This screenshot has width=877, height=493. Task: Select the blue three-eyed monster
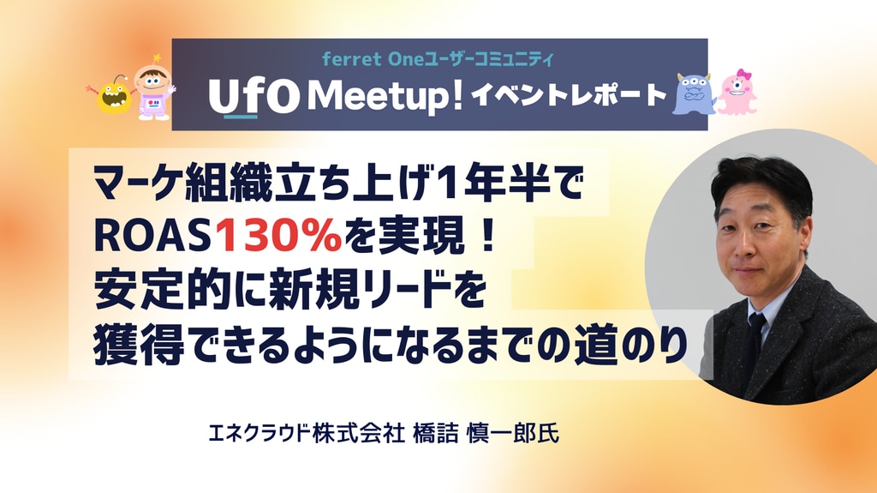(x=694, y=94)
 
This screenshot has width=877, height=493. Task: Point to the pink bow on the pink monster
(x=743, y=75)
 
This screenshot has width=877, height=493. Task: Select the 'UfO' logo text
(x=254, y=96)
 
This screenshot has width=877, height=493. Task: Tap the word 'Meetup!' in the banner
(x=386, y=96)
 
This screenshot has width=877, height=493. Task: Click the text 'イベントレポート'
(x=569, y=95)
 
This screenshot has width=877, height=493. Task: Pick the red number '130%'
(x=278, y=237)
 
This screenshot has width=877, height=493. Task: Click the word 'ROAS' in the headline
(x=152, y=237)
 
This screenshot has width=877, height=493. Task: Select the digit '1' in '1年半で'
(x=444, y=185)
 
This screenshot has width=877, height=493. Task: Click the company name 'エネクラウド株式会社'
(x=306, y=434)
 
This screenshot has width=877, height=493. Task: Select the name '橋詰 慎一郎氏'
(x=486, y=434)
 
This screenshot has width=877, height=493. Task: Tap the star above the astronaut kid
(x=158, y=57)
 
